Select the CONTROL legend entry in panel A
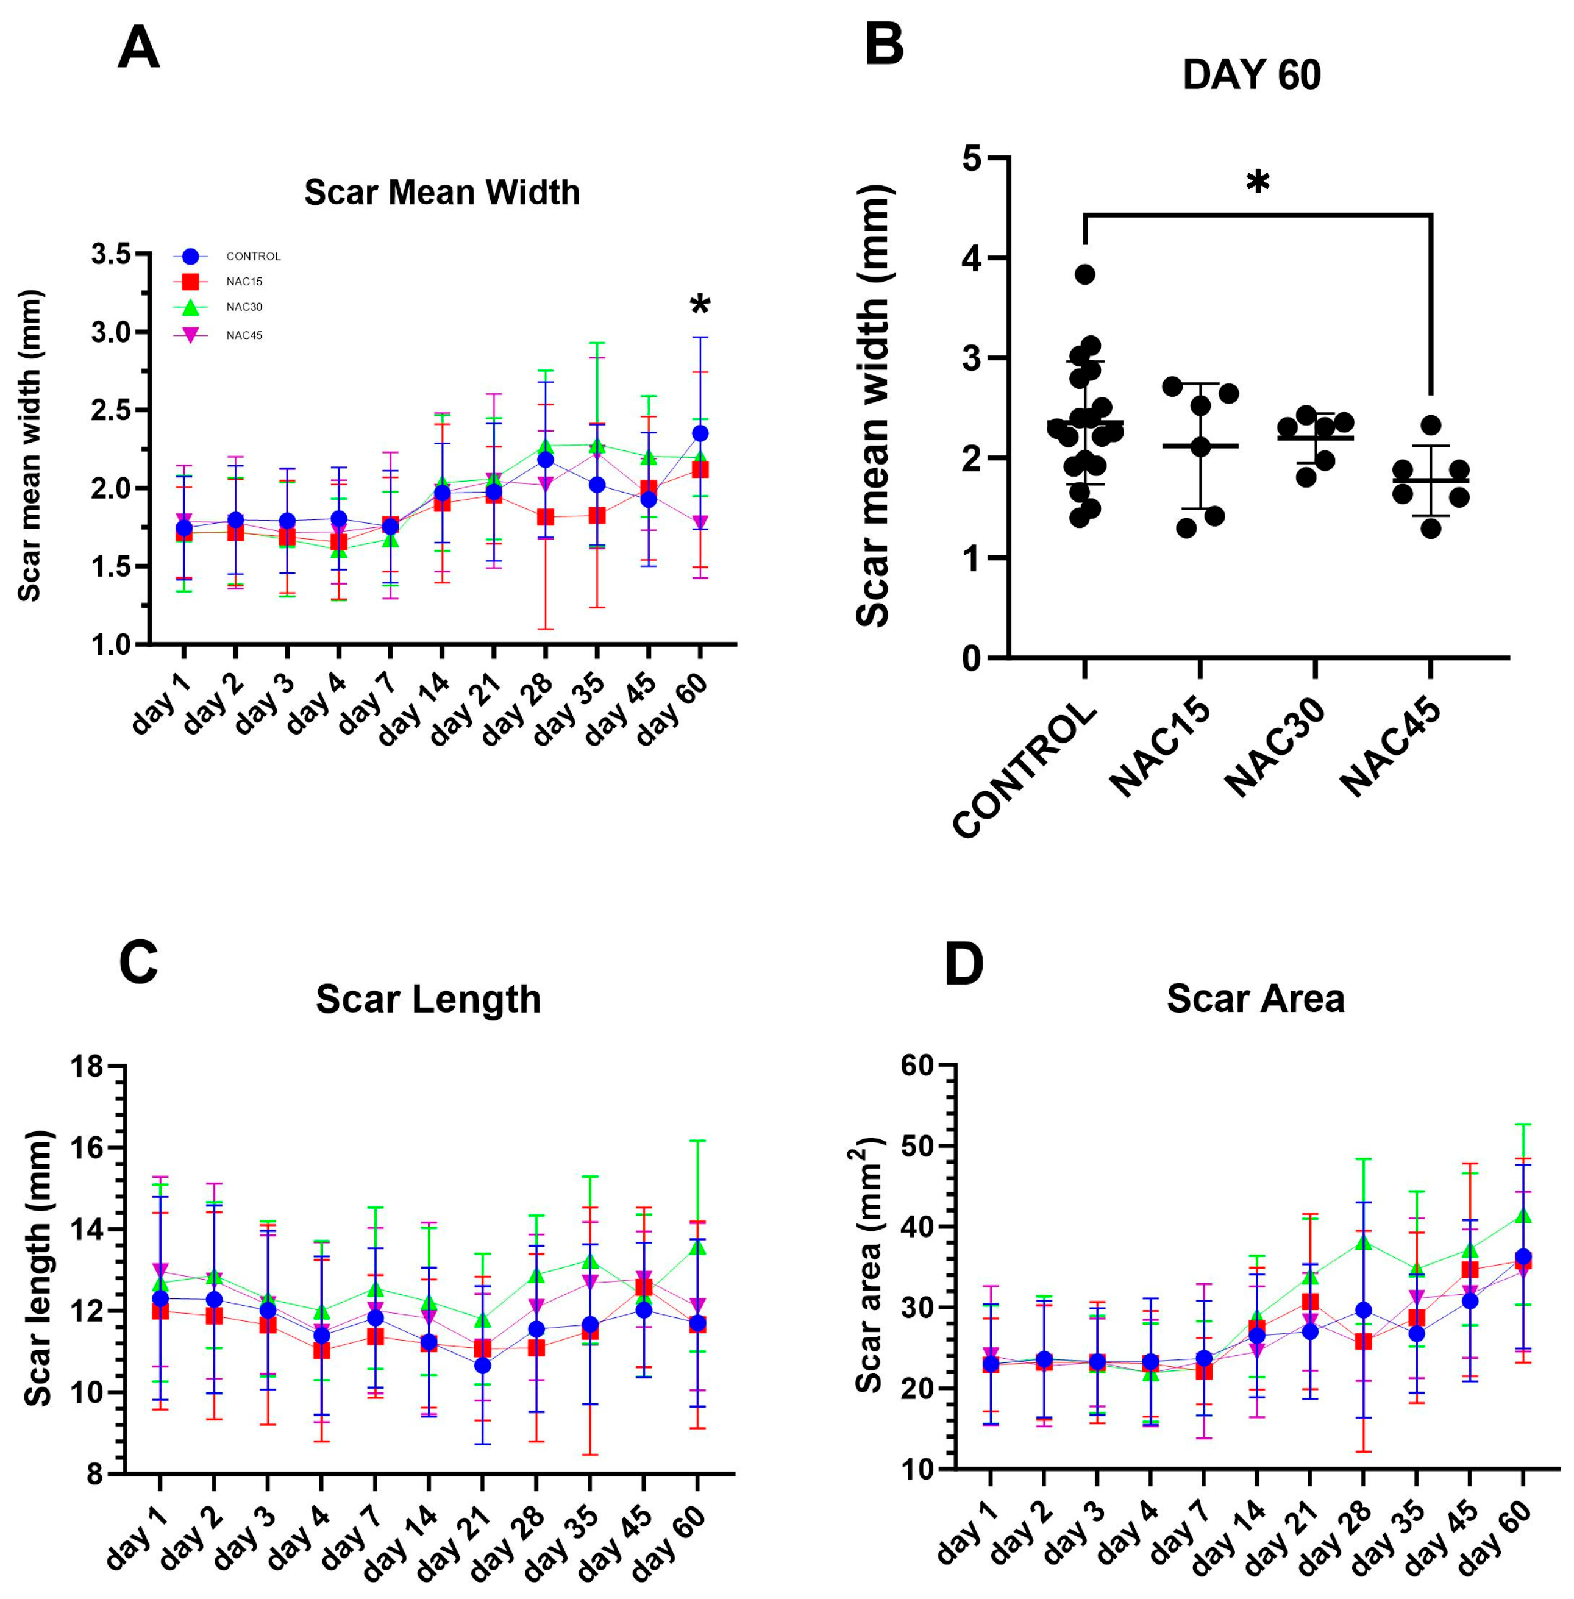pyautogui.click(x=227, y=256)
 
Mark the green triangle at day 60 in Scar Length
pyautogui.click(x=697, y=1246)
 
